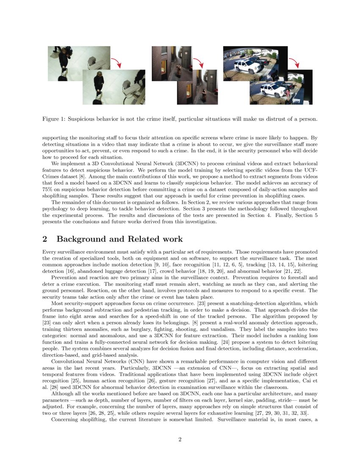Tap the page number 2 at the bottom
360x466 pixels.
tap(180, 439)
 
